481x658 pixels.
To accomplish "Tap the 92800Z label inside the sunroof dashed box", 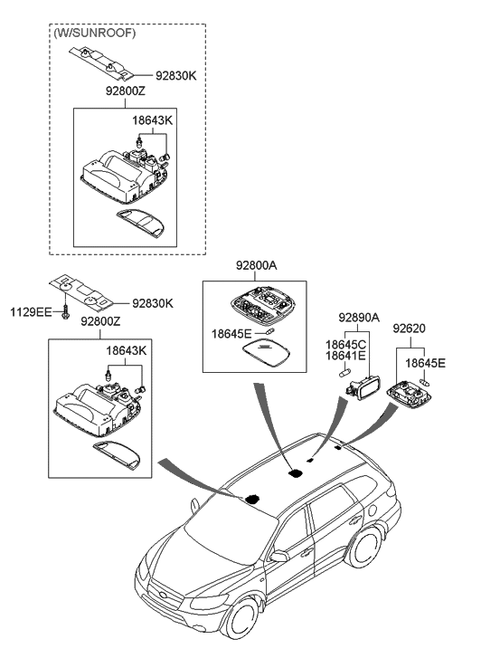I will pos(110,92).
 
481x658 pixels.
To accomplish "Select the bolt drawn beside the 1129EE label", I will pos(66,313).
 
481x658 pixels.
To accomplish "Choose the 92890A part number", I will pos(359,318).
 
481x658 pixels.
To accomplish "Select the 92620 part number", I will pos(409,330).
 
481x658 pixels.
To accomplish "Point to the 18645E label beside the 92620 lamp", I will pos(425,363).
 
